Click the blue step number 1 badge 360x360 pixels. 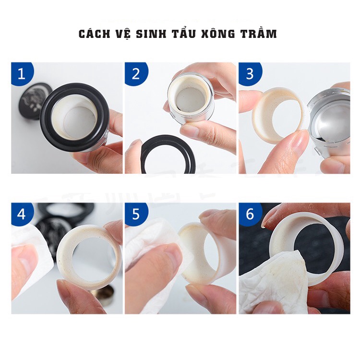pyautogui.click(x=22, y=73)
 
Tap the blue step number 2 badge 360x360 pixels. pyautogui.click(x=136, y=73)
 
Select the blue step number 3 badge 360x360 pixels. pyautogui.click(x=250, y=73)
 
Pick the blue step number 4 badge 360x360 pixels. pyautogui.click(x=22, y=214)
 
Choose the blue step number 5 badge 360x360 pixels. pyautogui.click(x=136, y=214)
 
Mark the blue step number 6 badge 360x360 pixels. pyautogui.click(x=250, y=214)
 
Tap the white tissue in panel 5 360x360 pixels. pyautogui.click(x=147, y=248)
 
